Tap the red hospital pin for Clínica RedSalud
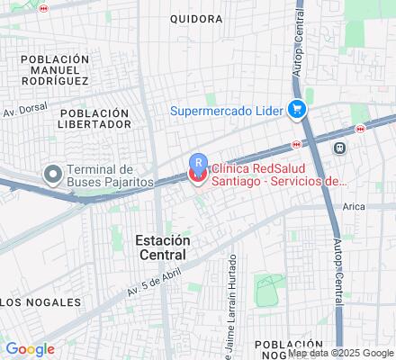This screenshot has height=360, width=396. click(197, 174)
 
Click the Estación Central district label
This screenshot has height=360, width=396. click(163, 247)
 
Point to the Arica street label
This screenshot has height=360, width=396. click(354, 206)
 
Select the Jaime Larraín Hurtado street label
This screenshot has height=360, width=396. click(231, 306)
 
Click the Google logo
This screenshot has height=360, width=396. click(30, 348)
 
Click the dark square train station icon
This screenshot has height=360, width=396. click(339, 148)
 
